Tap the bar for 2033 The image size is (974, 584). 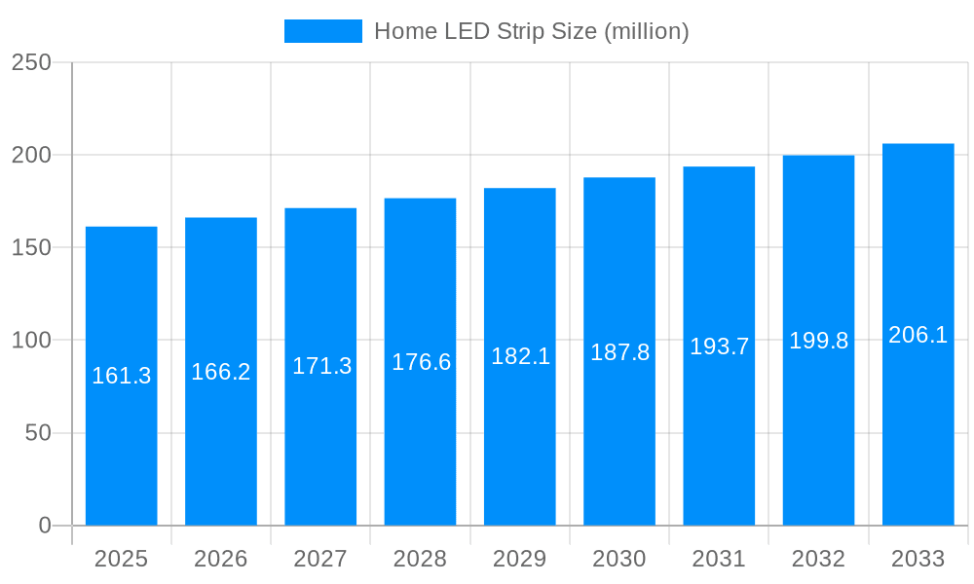pyautogui.click(x=918, y=428)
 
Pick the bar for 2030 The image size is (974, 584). pyautogui.click(x=619, y=438)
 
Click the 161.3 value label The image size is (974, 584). pyautogui.click(x=122, y=376)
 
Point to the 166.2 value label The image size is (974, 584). pyautogui.click(x=221, y=372)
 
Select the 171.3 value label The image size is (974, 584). pyautogui.click(x=322, y=366)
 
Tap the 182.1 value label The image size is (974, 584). pyautogui.click(x=521, y=356)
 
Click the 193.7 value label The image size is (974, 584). pyautogui.click(x=720, y=347)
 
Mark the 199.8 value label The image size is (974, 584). pyautogui.click(x=819, y=341)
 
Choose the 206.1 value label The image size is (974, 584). pyautogui.click(x=918, y=335)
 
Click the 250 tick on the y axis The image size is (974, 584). pyautogui.click(x=31, y=62)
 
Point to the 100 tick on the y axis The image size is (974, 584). pyautogui.click(x=31, y=341)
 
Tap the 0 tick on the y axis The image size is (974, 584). pyautogui.click(x=45, y=526)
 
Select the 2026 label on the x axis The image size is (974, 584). pyautogui.click(x=221, y=559)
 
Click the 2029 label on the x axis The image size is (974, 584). pyautogui.click(x=520, y=559)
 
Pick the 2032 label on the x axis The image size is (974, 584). pyautogui.click(x=819, y=559)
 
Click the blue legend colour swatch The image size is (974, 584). pyautogui.click(x=322, y=31)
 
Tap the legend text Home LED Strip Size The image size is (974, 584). pyautogui.click(x=532, y=31)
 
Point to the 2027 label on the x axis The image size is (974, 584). pyautogui.click(x=320, y=559)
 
